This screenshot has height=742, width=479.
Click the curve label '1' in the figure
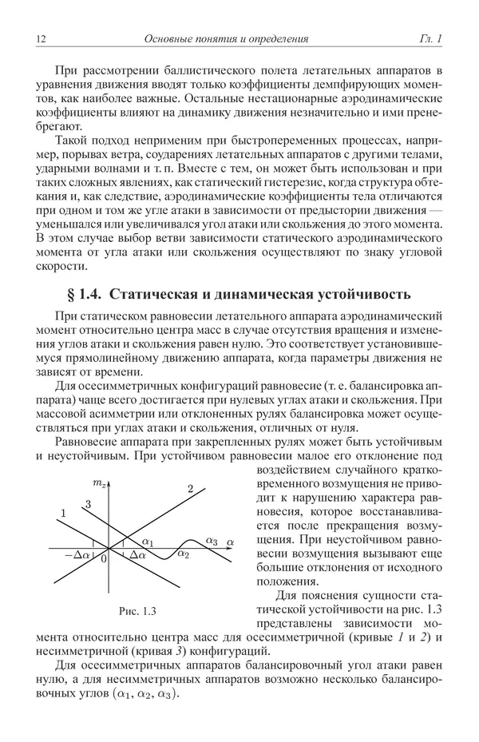[x=62, y=515]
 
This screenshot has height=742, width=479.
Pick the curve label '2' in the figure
[x=190, y=489]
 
